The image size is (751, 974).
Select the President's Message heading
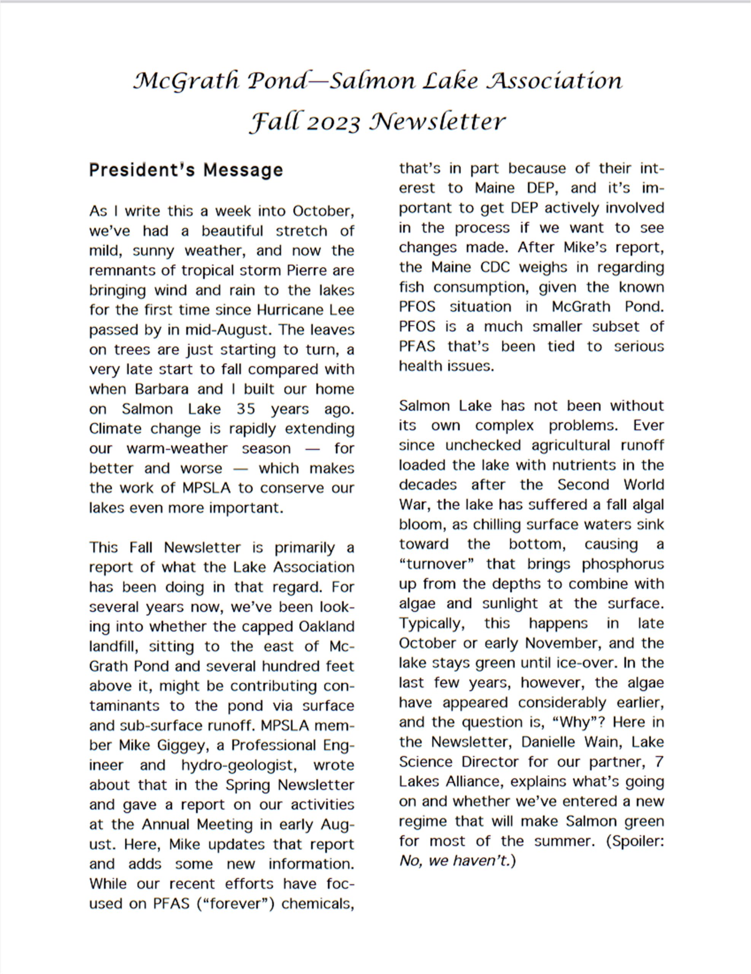(186, 170)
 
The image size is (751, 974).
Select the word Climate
(115, 428)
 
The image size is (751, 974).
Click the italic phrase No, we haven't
(455, 861)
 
